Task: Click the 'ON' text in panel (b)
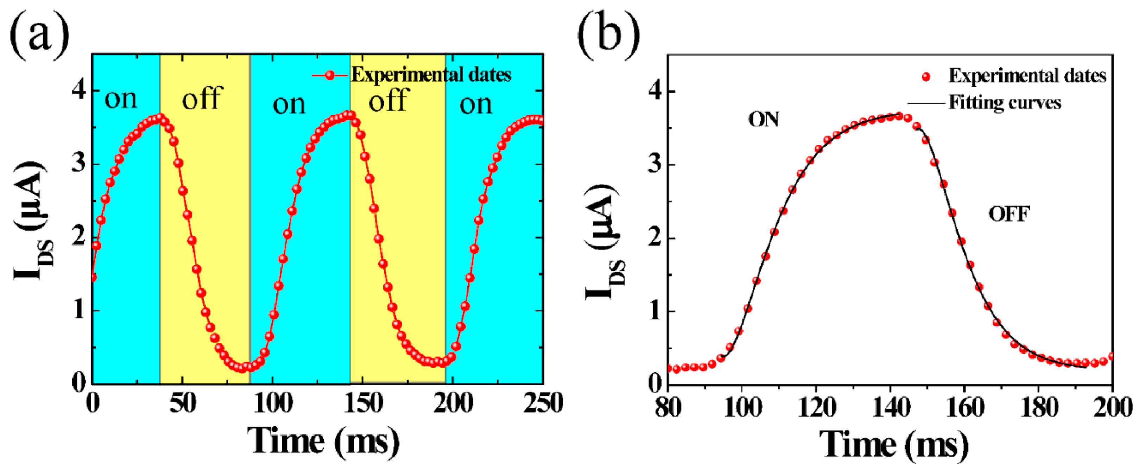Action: click(763, 120)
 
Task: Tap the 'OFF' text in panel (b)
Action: click(1009, 214)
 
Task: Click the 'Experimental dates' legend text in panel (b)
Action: click(1028, 76)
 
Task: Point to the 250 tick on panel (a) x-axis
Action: click(543, 403)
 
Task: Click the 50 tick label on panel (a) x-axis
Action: click(183, 403)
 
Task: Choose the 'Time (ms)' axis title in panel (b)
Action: click(893, 444)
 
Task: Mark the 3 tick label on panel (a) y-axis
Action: click(78, 164)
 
